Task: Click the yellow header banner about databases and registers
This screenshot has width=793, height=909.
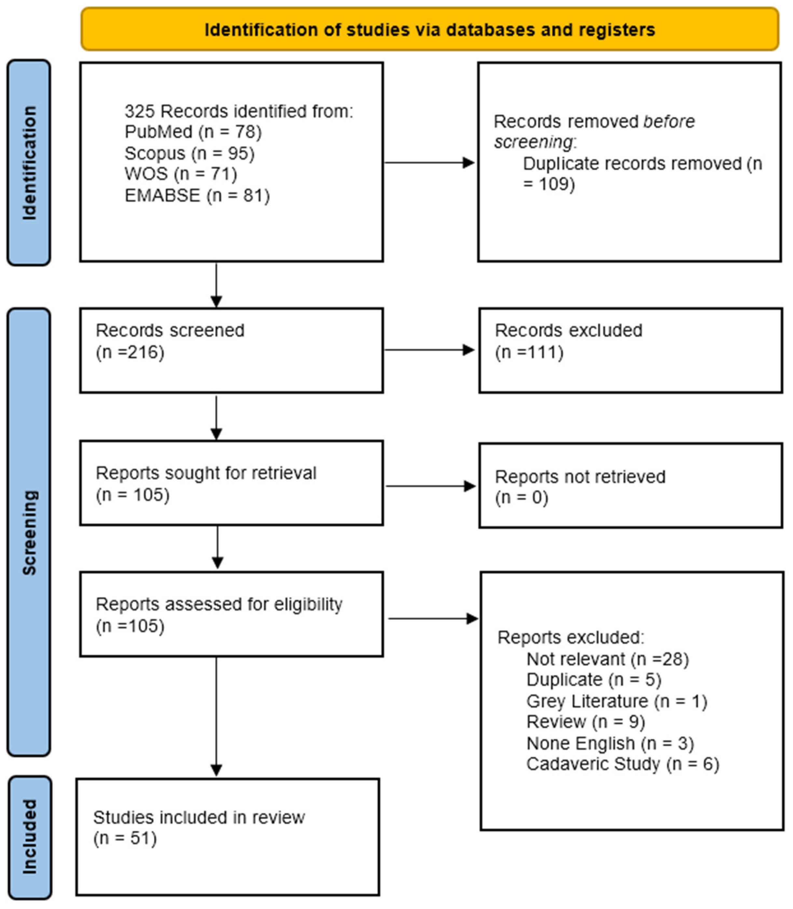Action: (430, 29)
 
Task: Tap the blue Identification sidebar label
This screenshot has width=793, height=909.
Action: (29, 163)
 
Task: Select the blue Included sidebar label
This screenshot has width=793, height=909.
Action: (30, 838)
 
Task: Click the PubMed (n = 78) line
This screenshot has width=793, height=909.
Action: (193, 132)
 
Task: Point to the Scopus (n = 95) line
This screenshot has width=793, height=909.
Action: (189, 153)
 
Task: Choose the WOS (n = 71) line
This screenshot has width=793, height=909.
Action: (181, 174)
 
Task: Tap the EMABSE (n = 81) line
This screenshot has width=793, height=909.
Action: (198, 195)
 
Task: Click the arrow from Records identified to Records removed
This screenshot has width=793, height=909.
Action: (429, 162)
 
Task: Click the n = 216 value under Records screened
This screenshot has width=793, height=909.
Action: (130, 352)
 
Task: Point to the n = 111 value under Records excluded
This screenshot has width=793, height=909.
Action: (529, 352)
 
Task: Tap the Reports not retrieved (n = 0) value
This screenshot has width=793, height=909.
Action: (522, 497)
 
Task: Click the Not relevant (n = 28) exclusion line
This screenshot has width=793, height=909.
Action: (608, 659)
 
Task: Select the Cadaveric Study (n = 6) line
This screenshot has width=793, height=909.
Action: (622, 764)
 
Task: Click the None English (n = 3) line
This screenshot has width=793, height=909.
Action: (610, 743)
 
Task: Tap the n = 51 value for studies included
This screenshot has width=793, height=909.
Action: (125, 838)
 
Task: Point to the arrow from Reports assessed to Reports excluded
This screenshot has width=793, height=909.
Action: (433, 619)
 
